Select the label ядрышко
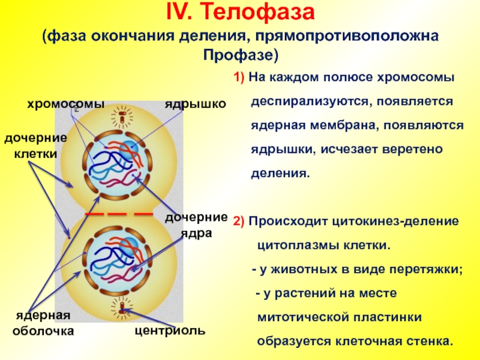coord(196,104)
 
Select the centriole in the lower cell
coord(122,309)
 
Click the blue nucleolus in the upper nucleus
coord(127,148)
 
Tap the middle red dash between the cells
coord(118,214)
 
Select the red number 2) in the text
coord(239,221)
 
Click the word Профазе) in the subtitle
coord(240,55)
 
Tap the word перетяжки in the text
coord(430,270)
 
